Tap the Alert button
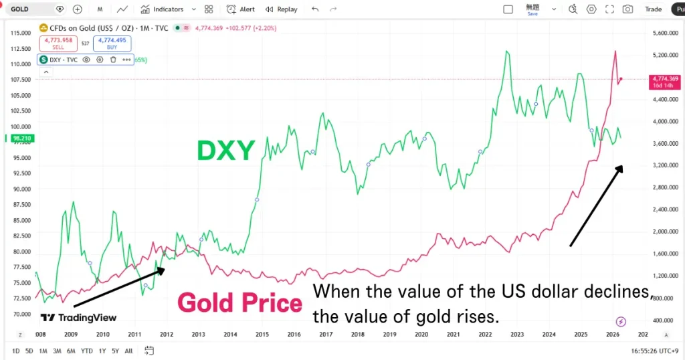pos(241,9)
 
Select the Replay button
pos(282,9)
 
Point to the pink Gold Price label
pos(239,303)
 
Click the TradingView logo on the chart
pos(78,318)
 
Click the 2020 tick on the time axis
pos(421,334)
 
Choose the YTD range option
pos(87,351)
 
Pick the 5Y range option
pos(115,351)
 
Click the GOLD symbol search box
pos(30,9)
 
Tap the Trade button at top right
pos(653,9)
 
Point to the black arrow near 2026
pos(596,206)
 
